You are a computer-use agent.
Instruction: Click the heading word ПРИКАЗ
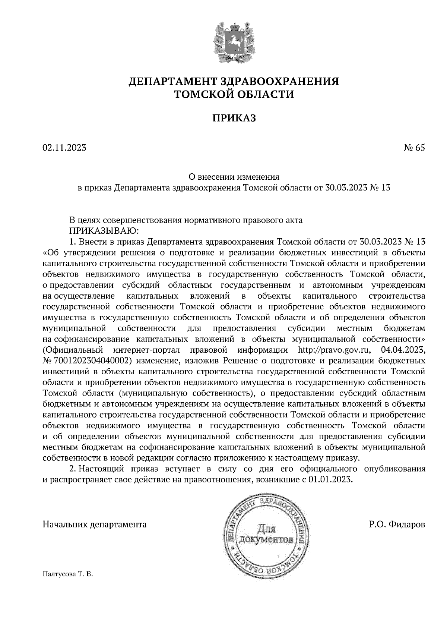click(234, 119)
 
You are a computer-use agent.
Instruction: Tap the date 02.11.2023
click(64, 148)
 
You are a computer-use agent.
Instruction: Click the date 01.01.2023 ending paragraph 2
click(330, 479)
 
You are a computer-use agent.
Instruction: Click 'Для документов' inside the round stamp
click(265, 535)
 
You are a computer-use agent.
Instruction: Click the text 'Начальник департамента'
click(95, 525)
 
